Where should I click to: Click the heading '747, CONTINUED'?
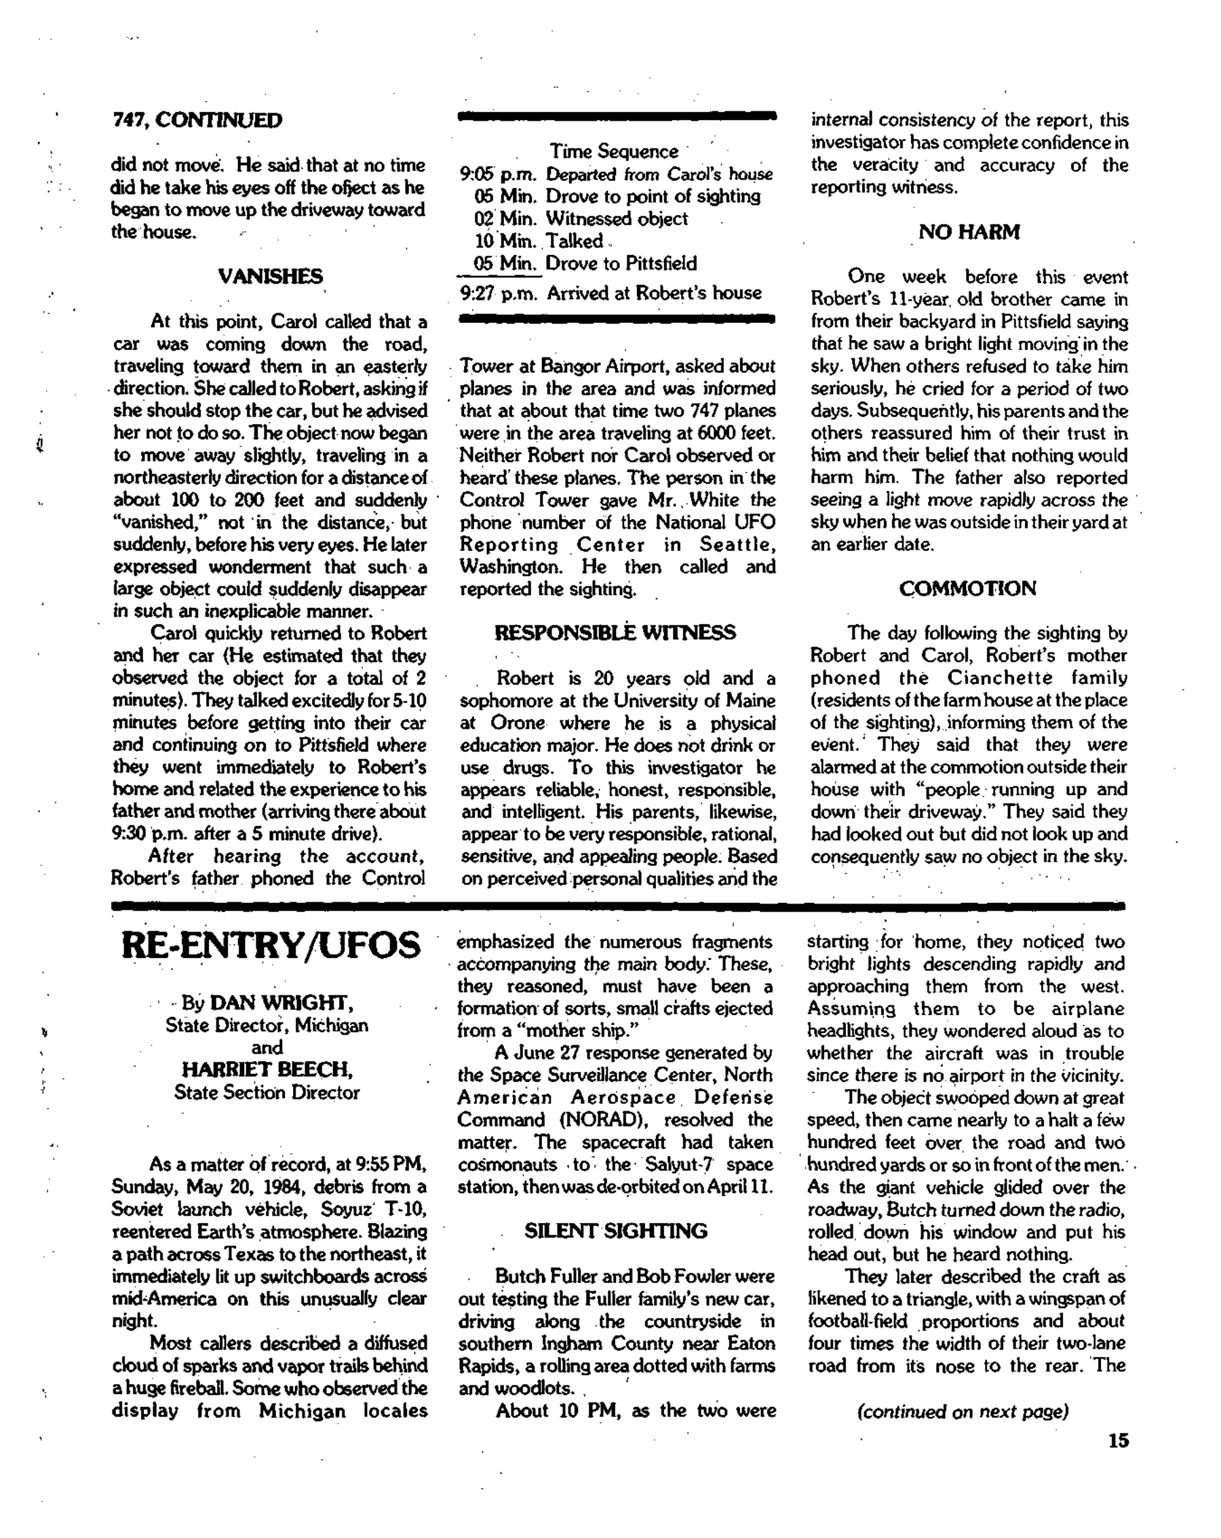(x=196, y=120)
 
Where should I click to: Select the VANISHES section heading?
(x=269, y=276)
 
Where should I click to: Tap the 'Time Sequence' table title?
(x=613, y=151)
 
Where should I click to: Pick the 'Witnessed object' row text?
(x=616, y=218)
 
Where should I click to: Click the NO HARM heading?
(x=969, y=232)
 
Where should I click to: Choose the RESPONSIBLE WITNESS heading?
(x=615, y=633)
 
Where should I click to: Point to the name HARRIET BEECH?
(x=267, y=1070)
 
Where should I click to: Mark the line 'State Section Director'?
(x=267, y=1092)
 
